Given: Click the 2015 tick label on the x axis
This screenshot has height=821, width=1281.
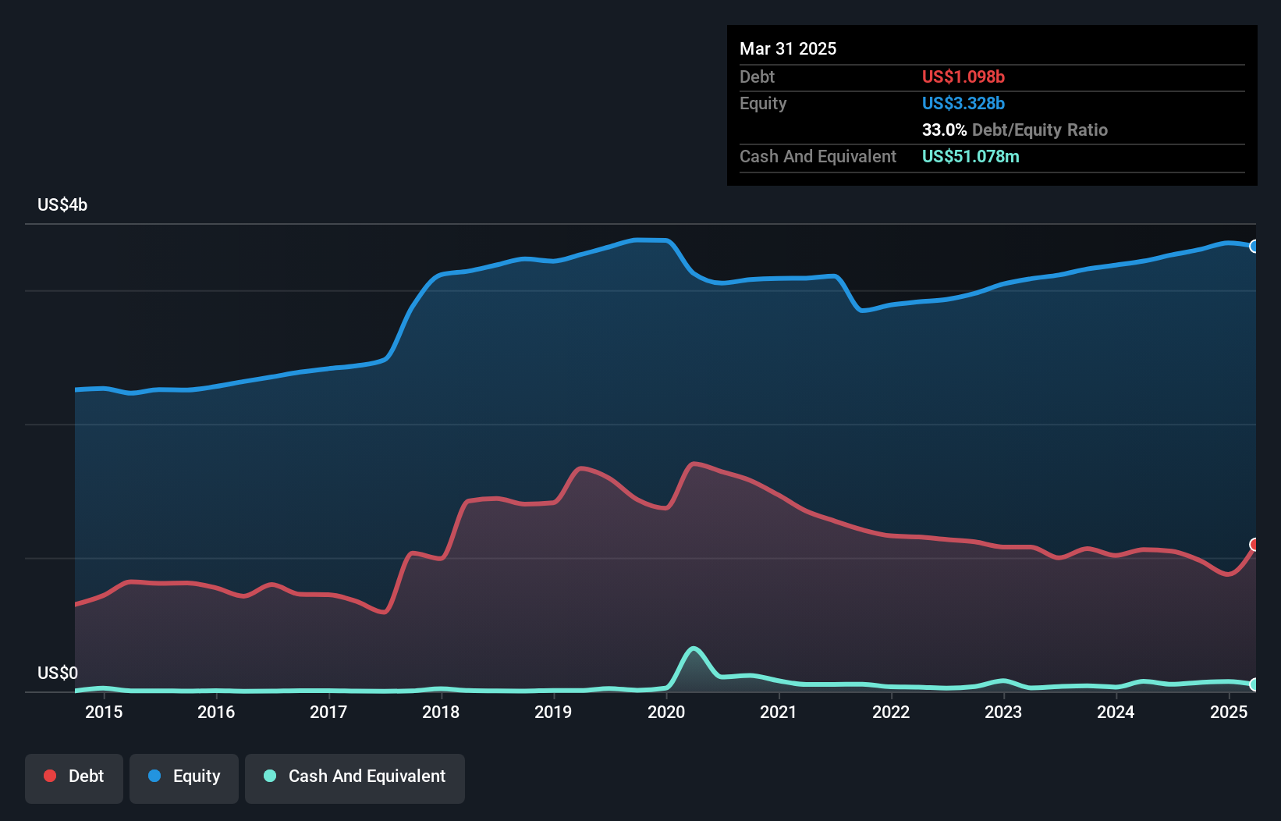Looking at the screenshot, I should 104,712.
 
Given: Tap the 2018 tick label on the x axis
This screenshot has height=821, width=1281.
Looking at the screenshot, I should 441,712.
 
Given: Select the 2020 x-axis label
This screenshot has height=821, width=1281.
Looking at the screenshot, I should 666,712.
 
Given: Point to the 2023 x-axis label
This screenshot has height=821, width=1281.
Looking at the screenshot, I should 1003,712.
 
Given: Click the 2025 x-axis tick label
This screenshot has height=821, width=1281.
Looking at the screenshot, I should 1229,712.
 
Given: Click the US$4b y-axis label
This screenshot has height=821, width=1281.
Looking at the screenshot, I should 62,204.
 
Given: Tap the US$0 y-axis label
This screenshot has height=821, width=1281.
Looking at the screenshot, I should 58,673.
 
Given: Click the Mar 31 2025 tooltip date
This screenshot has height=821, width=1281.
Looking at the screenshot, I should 788,48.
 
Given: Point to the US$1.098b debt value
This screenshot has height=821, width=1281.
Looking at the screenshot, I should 963,76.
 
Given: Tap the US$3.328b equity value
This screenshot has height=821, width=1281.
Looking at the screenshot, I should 963,103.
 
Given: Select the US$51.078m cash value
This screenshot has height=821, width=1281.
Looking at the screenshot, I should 970,156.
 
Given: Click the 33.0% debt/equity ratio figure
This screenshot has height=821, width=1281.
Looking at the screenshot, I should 944,130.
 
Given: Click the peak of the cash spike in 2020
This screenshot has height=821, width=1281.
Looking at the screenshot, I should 694,649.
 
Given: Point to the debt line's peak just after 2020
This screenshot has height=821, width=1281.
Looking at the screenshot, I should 694,464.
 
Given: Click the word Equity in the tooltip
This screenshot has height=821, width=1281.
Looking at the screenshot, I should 763,103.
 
